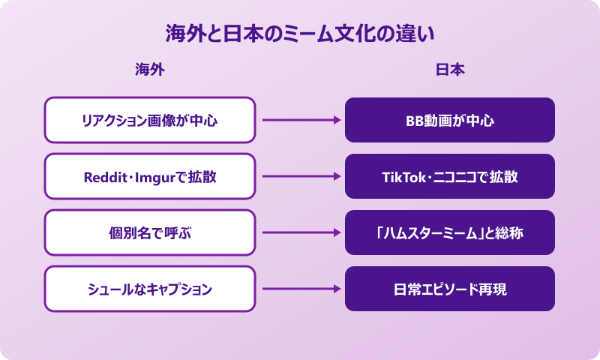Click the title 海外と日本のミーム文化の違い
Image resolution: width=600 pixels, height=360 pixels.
300,34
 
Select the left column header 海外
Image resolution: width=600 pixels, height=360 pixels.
149,70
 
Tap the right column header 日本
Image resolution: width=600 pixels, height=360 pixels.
450,70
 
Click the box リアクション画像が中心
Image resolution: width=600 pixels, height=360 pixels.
150,120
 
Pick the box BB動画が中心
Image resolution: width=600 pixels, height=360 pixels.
450,120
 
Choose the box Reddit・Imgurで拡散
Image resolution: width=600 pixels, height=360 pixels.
150,176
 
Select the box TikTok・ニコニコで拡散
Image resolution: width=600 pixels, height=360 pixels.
450,176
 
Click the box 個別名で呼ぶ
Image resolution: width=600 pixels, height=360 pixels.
150,232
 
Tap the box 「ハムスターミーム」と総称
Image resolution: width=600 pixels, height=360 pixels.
450,232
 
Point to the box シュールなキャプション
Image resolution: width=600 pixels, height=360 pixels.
150,289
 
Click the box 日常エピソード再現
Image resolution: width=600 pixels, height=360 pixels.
450,289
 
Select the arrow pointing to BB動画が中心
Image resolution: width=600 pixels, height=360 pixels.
300,120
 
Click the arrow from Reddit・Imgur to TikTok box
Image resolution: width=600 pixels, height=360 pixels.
300,176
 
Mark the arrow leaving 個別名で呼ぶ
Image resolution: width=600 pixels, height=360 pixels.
300,232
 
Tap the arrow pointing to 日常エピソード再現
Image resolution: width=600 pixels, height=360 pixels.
300,289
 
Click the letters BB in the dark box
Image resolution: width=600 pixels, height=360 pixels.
415,121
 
